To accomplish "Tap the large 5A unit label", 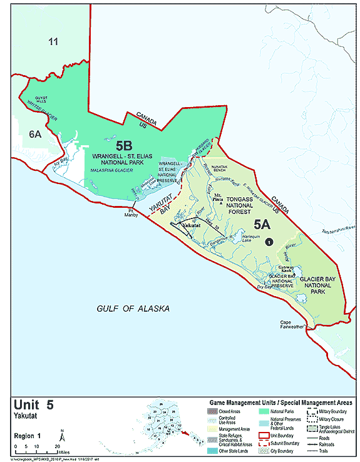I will click(x=264, y=223).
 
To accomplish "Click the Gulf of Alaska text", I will click(x=133, y=309).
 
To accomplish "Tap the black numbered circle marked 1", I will click(x=269, y=242).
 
